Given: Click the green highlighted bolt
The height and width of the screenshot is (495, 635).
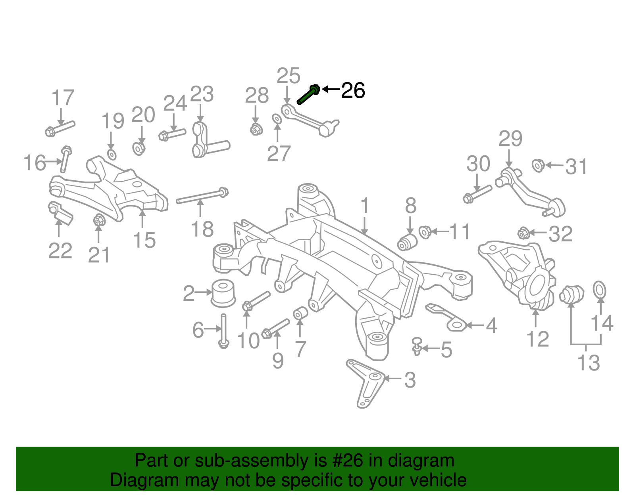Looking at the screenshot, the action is tap(308, 94).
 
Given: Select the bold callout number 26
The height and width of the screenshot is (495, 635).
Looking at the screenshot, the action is tap(353, 90).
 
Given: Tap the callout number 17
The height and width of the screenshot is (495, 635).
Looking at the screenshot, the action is tap(63, 98).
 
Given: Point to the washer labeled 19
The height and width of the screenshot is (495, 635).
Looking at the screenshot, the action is tap(112, 155).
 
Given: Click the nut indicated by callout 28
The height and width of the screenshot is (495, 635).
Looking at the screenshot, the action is tap(256, 129).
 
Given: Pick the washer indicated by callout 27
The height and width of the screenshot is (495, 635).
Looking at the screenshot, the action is tap(277, 119).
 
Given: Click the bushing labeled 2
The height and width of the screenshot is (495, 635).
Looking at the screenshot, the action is tap(223, 293).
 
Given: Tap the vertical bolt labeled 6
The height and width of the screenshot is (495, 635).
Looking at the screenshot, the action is tap(223, 331).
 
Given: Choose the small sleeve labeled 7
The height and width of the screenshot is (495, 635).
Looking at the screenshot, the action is tap(300, 313).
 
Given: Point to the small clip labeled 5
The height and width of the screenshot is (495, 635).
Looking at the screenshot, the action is tap(417, 346).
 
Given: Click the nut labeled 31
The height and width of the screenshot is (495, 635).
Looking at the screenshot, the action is tap(538, 166).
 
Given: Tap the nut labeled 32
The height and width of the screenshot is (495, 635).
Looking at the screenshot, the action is tap(523, 233).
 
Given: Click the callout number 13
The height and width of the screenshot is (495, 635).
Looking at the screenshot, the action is tap(589, 363).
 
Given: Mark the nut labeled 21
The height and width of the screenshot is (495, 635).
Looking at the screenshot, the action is tap(99, 220).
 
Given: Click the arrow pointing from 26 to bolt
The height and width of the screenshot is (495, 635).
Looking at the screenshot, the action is tap(331, 89).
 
